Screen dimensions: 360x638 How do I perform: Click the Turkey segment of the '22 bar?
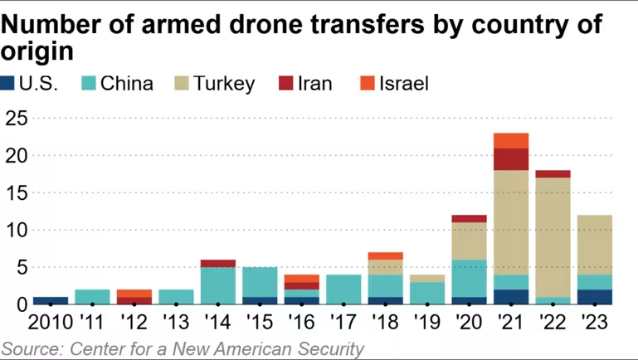click(x=553, y=236)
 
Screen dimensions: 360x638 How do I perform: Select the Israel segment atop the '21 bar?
click(x=510, y=140)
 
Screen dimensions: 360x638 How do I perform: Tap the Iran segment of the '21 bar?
click(x=510, y=159)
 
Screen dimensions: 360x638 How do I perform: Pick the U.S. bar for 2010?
click(x=51, y=300)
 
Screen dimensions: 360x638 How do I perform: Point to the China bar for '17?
click(x=343, y=289)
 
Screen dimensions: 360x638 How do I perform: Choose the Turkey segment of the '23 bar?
click(x=594, y=245)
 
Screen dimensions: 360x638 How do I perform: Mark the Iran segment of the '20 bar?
click(x=469, y=218)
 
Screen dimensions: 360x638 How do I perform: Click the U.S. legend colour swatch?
click(x=7, y=83)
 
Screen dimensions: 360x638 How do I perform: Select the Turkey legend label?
click(x=224, y=83)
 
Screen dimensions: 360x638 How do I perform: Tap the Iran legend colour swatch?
click(x=286, y=83)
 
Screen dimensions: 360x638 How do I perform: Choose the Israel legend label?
click(x=403, y=83)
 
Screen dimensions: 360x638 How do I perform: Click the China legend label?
click(x=127, y=83)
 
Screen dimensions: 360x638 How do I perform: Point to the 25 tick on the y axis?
click(x=17, y=119)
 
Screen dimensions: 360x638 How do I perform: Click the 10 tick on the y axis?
click(x=17, y=230)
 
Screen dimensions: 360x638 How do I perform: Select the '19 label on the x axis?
click(x=426, y=322)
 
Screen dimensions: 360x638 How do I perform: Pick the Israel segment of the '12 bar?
click(x=135, y=293)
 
